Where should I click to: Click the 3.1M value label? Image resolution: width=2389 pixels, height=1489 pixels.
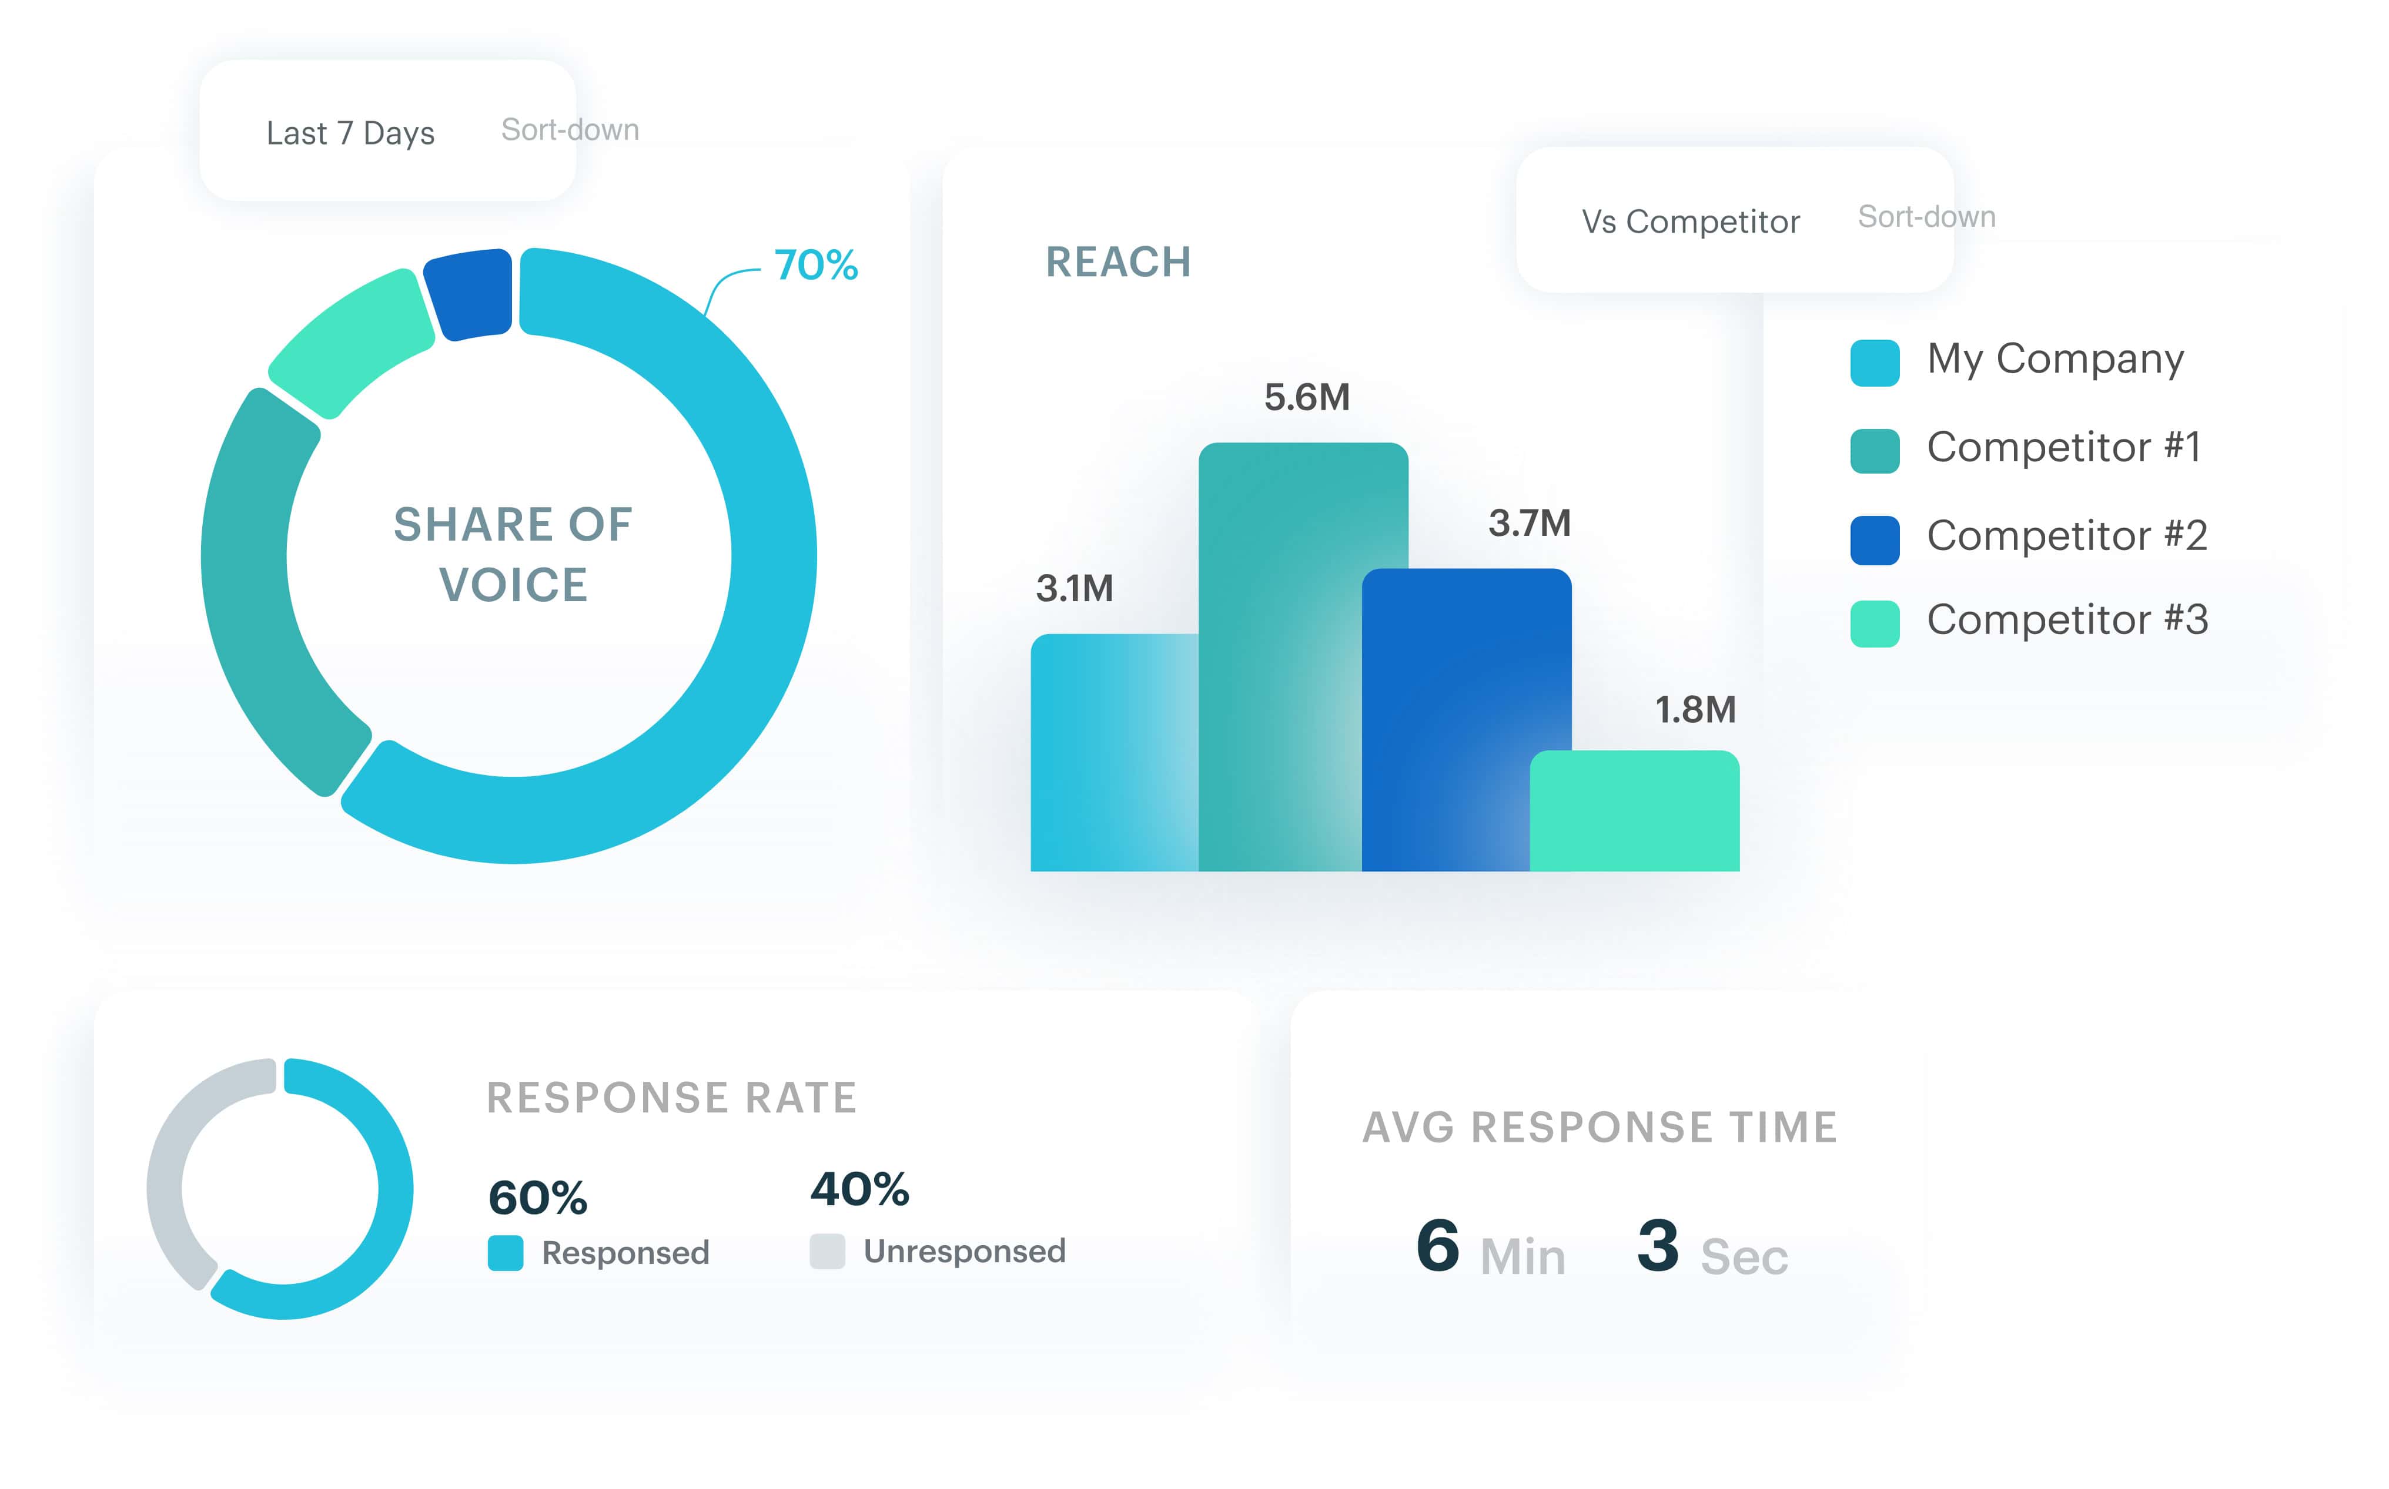1074,589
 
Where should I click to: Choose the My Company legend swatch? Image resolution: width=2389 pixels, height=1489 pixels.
1874,363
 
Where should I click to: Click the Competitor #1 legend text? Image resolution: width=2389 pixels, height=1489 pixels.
2063,447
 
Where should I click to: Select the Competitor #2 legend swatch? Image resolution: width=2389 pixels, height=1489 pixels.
1874,539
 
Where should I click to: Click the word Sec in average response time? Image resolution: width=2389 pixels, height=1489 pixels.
1743,1256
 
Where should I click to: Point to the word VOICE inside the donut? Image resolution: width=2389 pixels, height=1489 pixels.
513,585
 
